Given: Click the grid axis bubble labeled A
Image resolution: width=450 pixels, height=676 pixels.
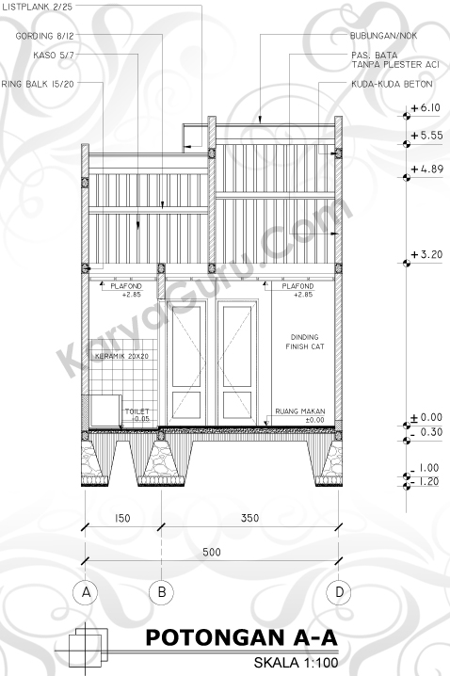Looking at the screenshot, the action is [86, 592].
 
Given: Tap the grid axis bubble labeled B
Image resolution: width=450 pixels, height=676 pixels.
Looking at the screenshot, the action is [162, 592].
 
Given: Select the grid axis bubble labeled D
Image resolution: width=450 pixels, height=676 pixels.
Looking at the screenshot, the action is [339, 592].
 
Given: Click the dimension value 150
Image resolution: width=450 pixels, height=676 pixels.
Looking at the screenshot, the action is [122, 518].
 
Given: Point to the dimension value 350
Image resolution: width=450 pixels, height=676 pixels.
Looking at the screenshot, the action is [250, 518].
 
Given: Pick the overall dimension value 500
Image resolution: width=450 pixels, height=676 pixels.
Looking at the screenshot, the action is [212, 552].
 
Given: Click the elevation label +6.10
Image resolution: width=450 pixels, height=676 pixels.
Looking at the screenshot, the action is [426, 107].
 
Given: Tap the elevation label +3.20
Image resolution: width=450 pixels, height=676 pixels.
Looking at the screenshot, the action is [426, 254].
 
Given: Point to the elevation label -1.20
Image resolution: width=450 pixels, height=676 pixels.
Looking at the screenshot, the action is [425, 481].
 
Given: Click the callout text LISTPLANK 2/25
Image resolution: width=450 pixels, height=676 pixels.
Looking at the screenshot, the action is [37, 7].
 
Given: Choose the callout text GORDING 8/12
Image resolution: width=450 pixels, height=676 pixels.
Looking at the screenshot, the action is [45, 36].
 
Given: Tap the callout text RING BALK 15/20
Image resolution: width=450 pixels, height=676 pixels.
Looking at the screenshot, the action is [38, 84].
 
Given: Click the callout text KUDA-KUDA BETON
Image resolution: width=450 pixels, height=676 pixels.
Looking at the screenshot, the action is [392, 84].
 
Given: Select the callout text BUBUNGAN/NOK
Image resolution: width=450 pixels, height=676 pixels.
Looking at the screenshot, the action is [383, 36].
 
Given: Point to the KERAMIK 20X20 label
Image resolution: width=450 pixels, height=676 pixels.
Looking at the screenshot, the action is [121, 356].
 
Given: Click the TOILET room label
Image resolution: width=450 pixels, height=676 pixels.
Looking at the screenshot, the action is [137, 411].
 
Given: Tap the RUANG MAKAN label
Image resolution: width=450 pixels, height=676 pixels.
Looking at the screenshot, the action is [300, 411].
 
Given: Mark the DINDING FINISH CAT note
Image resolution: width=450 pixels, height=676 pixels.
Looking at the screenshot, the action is [305, 342].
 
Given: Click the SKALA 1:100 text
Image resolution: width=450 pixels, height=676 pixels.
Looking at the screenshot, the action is [296, 663].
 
